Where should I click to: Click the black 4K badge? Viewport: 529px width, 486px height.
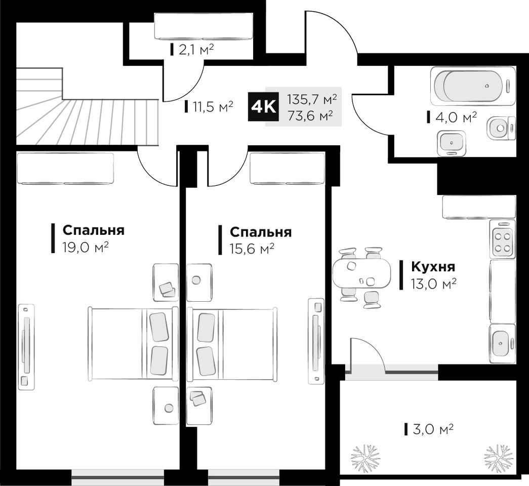(264, 107)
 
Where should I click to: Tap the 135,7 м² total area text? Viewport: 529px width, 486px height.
(312, 99)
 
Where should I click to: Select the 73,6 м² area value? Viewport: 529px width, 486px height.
(310, 115)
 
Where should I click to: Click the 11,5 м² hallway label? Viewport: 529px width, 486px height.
(213, 107)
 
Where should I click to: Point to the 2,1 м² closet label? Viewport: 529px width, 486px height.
(196, 50)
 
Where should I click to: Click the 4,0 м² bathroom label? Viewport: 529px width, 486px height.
(456, 117)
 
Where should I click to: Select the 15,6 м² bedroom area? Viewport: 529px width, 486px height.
(252, 249)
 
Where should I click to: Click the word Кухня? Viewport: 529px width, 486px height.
(433, 267)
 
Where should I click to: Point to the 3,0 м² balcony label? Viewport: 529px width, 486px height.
(433, 429)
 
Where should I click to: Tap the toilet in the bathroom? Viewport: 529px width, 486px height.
(501, 128)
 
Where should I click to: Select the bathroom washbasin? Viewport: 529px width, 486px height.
(452, 143)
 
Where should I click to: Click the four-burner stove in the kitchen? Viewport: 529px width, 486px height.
(502, 238)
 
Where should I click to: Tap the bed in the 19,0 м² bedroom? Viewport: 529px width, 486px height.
(133, 344)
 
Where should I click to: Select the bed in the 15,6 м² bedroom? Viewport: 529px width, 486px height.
(232, 344)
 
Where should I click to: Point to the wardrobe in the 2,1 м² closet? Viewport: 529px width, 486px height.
(204, 26)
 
